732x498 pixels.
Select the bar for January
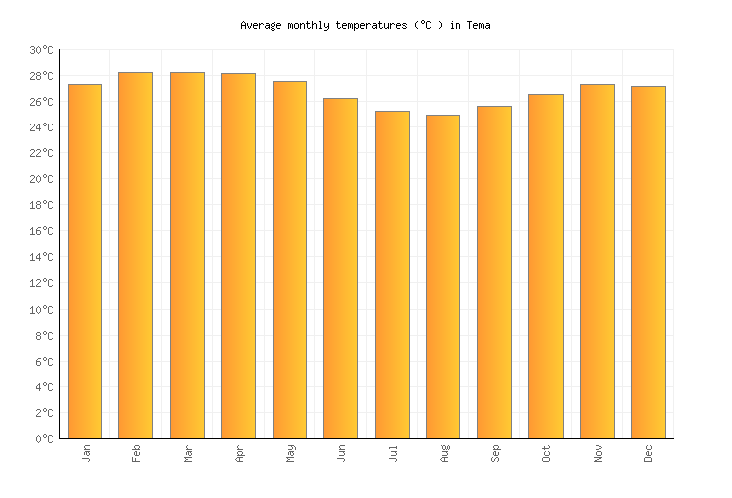coord(85,261)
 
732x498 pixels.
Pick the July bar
coord(392,275)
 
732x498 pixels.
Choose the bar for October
coord(545,266)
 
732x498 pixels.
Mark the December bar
coord(647,262)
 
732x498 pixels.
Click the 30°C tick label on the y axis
coord(41,50)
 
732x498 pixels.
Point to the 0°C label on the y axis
coord(44,439)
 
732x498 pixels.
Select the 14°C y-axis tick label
coord(41,257)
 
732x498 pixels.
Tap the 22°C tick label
coord(41,153)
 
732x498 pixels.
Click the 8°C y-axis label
coord(44,336)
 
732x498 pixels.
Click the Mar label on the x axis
coord(188,454)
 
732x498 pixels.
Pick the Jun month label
coord(341,454)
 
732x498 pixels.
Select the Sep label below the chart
coord(495,454)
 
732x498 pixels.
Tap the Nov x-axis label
coord(597,454)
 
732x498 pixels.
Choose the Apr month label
coord(239,454)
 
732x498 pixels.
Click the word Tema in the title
coord(478,25)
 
